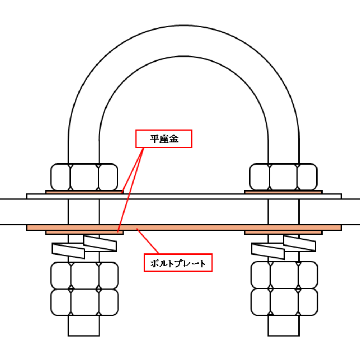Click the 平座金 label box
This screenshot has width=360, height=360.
point(164,139)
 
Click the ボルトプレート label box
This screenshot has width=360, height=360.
point(178,263)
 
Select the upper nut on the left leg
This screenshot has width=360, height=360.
point(84,177)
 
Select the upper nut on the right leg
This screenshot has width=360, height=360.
point(283,177)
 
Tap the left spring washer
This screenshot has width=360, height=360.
point(85,247)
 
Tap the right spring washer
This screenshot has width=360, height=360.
point(284,247)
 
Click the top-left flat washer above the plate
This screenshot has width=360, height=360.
point(84,192)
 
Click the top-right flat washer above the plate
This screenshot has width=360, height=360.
point(283,192)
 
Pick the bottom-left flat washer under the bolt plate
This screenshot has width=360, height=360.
point(84,233)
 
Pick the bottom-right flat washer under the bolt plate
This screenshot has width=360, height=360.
point(283,233)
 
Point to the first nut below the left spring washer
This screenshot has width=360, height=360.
point(84,275)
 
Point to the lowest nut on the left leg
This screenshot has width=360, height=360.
point(84,302)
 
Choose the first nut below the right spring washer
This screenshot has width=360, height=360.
point(284,275)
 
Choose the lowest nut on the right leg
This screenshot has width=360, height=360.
point(284,302)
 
